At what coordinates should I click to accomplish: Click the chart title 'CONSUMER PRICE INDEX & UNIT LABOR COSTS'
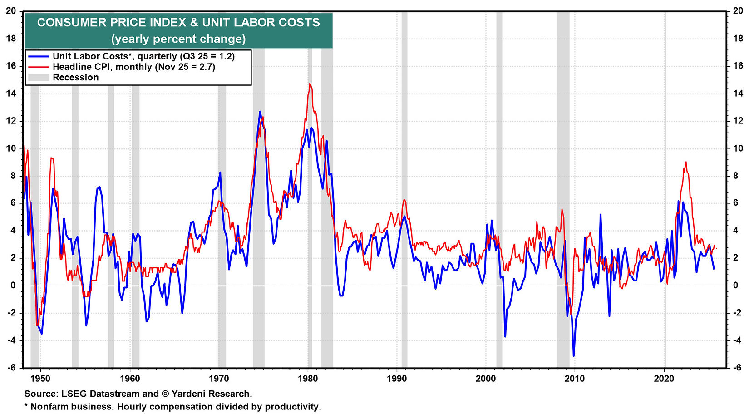[178, 22]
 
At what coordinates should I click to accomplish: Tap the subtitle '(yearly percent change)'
[178, 39]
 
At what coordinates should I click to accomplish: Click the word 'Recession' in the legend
[75, 77]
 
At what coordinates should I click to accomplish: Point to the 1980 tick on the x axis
[308, 379]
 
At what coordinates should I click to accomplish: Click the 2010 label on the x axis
[575, 379]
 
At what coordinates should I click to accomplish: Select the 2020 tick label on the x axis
[664, 379]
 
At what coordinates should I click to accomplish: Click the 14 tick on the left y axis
[11, 94]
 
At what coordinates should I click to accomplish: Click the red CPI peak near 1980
[310, 84]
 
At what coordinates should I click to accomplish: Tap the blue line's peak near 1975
[260, 112]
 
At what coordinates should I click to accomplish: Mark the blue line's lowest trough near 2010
[574, 355]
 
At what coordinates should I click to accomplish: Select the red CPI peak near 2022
[685, 162]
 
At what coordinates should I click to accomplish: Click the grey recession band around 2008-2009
[563, 227]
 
